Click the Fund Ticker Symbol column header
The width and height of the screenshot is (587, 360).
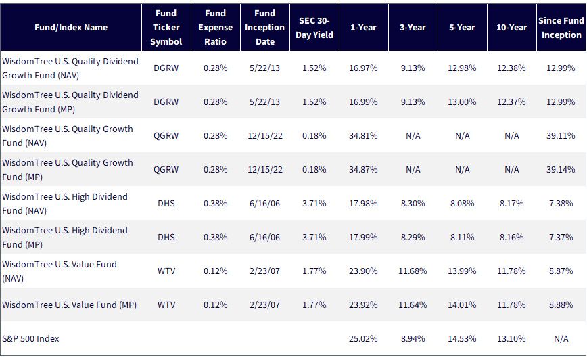pyautogui.click(x=166, y=27)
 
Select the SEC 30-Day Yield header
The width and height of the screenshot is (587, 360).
pyautogui.click(x=314, y=28)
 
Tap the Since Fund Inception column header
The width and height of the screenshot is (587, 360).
pyautogui.click(x=561, y=28)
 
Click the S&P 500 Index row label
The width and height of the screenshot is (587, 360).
pyautogui.click(x=30, y=338)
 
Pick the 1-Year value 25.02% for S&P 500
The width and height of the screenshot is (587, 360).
pyautogui.click(x=363, y=338)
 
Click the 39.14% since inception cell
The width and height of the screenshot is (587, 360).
pyautogui.click(x=561, y=169)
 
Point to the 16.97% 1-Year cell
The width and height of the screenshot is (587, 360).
pyautogui.click(x=363, y=68)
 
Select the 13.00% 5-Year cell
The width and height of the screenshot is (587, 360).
pyautogui.click(x=462, y=102)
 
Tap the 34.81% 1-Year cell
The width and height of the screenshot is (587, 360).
pyautogui.click(x=363, y=135)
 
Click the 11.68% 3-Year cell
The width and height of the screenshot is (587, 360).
pyautogui.click(x=413, y=271)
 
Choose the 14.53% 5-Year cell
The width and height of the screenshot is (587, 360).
pyautogui.click(x=462, y=338)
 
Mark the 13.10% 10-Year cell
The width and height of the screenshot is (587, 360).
pyautogui.click(x=511, y=338)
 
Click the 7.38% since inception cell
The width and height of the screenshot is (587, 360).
pyautogui.click(x=561, y=204)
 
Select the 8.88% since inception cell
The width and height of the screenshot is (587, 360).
pyautogui.click(x=561, y=305)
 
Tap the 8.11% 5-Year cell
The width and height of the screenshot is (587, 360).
pyautogui.click(x=462, y=237)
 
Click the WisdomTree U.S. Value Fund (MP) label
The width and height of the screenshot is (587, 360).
pyautogui.click(x=69, y=305)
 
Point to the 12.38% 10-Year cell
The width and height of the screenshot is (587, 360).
pyautogui.click(x=511, y=68)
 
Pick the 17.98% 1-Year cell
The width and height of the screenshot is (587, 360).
pyautogui.click(x=363, y=204)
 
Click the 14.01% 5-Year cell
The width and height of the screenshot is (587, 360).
pyautogui.click(x=462, y=305)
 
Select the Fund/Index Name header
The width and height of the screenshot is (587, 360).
pyautogui.click(x=71, y=27)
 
